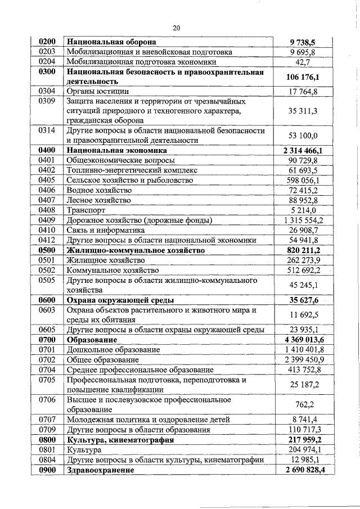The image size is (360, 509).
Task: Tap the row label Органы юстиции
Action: pyautogui.click(x=98, y=91)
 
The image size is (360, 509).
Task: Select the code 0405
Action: pyautogui.click(x=47, y=180)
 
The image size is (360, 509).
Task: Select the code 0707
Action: pyautogui.click(x=47, y=420)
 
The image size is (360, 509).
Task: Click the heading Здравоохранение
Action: pyautogui.click(x=101, y=470)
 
